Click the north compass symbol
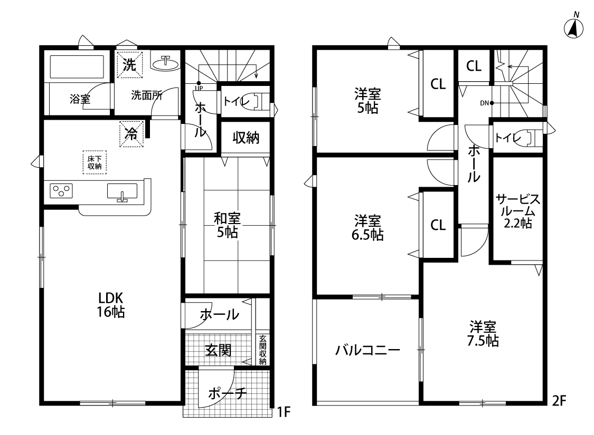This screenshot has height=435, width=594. click(x=573, y=26)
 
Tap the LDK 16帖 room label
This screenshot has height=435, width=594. click(x=111, y=305)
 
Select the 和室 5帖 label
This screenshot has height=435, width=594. click(x=227, y=225)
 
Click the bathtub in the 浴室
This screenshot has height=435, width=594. click(x=77, y=67)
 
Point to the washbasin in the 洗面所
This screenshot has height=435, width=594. click(x=165, y=63)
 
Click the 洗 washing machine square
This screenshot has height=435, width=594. click(x=129, y=65)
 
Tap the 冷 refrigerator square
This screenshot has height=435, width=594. click(x=131, y=133)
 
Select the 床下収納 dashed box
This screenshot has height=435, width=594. click(x=95, y=162)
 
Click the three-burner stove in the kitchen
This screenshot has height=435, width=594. click(x=61, y=191)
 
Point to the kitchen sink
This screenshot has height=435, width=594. click(x=122, y=192)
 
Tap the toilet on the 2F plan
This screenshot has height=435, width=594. click(x=529, y=137)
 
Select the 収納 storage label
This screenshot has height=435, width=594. click(x=246, y=138)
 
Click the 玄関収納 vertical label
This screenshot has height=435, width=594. click(x=263, y=350)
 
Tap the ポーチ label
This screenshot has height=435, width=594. click(x=227, y=394)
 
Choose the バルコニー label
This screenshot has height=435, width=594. click(x=367, y=350)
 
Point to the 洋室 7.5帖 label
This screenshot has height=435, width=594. click(x=483, y=334)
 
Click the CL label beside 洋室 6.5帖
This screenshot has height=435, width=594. click(x=438, y=225)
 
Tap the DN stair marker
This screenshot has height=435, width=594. click(x=487, y=103)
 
